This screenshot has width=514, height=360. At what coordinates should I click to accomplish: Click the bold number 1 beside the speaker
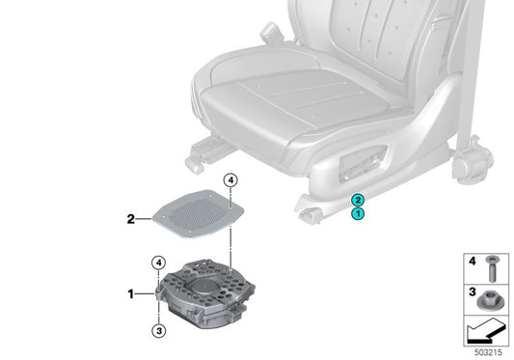click(x=131, y=291)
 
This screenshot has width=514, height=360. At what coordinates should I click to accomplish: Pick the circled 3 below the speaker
click(x=159, y=331)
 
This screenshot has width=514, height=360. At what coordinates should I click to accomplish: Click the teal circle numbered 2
click(x=357, y=199)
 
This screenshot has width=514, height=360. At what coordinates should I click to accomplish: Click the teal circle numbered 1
click(x=357, y=213)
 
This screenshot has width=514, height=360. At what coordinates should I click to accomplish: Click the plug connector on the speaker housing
click(x=158, y=290)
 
